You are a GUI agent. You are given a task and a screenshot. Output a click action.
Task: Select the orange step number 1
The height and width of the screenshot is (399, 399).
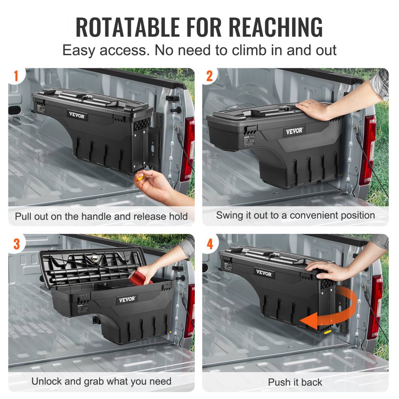[x=16, y=76]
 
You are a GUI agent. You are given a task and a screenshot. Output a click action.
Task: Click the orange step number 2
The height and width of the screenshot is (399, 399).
[x=210, y=76]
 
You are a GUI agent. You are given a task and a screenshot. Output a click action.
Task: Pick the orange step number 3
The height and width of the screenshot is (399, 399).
[x=16, y=243]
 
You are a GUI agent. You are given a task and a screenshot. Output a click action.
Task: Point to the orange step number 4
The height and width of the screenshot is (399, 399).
[x=210, y=243]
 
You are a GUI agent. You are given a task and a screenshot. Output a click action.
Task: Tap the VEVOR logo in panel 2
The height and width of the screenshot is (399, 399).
[x=294, y=131]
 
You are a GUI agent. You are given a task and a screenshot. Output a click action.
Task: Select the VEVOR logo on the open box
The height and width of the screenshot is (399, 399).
[x=127, y=299]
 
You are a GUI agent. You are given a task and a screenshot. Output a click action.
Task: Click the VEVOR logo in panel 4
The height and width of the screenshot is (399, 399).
[x=264, y=274]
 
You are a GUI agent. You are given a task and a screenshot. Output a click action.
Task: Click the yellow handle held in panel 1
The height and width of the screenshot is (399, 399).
[x=140, y=177]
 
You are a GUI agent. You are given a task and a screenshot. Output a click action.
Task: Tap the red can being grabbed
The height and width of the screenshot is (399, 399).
[x=143, y=276]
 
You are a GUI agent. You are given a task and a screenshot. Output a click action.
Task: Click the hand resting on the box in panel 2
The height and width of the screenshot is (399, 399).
[x=315, y=109]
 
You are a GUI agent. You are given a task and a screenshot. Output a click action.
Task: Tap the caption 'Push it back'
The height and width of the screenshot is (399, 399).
[x=295, y=382]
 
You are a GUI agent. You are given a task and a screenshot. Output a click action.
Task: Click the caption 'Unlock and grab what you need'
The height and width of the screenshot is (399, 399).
[x=101, y=381]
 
